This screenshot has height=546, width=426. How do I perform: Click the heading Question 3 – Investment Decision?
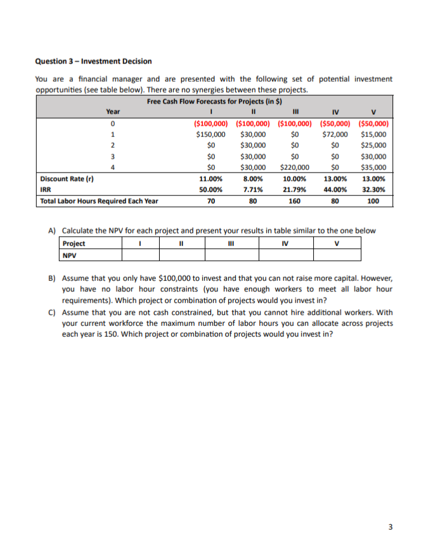point(93,61)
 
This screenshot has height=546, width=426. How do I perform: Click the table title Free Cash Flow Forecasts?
point(214,101)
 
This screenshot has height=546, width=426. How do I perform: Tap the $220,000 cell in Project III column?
point(294,167)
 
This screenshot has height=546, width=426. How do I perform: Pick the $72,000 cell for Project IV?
point(335,134)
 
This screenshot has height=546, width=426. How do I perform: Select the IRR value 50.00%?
point(210,190)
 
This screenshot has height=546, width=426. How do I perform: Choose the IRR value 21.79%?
point(294,190)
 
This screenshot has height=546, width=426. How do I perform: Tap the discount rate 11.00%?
point(210,179)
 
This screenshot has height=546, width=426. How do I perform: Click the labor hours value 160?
point(294,202)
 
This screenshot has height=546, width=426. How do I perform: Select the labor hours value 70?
point(210,202)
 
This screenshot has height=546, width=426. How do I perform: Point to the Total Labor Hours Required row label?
point(99,202)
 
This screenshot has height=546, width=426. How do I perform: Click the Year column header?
point(113,112)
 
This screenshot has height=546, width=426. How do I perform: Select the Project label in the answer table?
point(74,244)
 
